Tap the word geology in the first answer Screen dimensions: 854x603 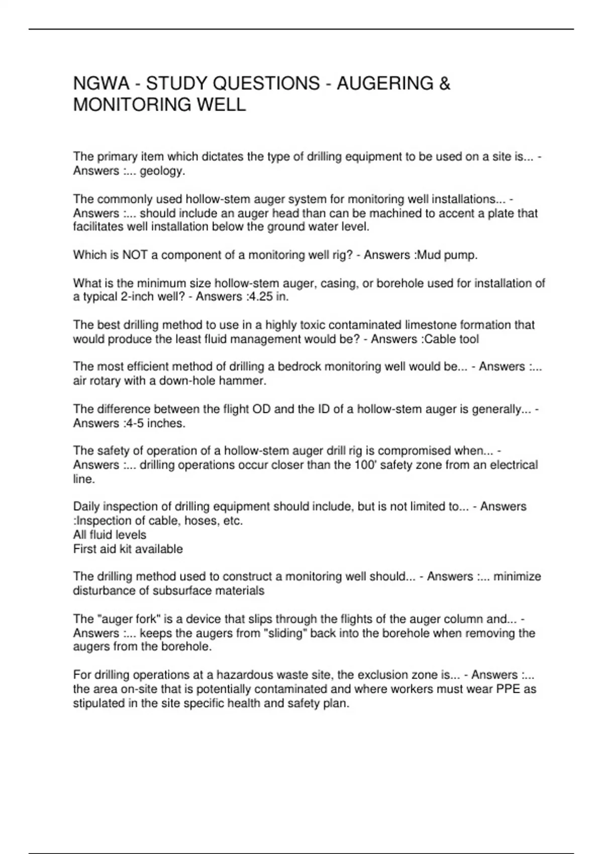(x=161, y=171)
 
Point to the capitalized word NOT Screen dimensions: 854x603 (x=135, y=255)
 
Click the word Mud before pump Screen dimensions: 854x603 (x=429, y=255)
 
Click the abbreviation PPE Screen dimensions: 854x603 (x=508, y=689)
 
